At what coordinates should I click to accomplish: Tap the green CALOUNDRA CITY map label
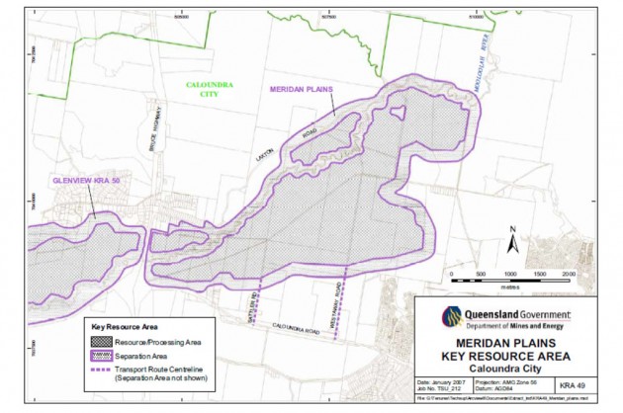211,90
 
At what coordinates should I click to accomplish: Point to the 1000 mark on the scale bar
510,272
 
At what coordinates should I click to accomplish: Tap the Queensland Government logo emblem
451,316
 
